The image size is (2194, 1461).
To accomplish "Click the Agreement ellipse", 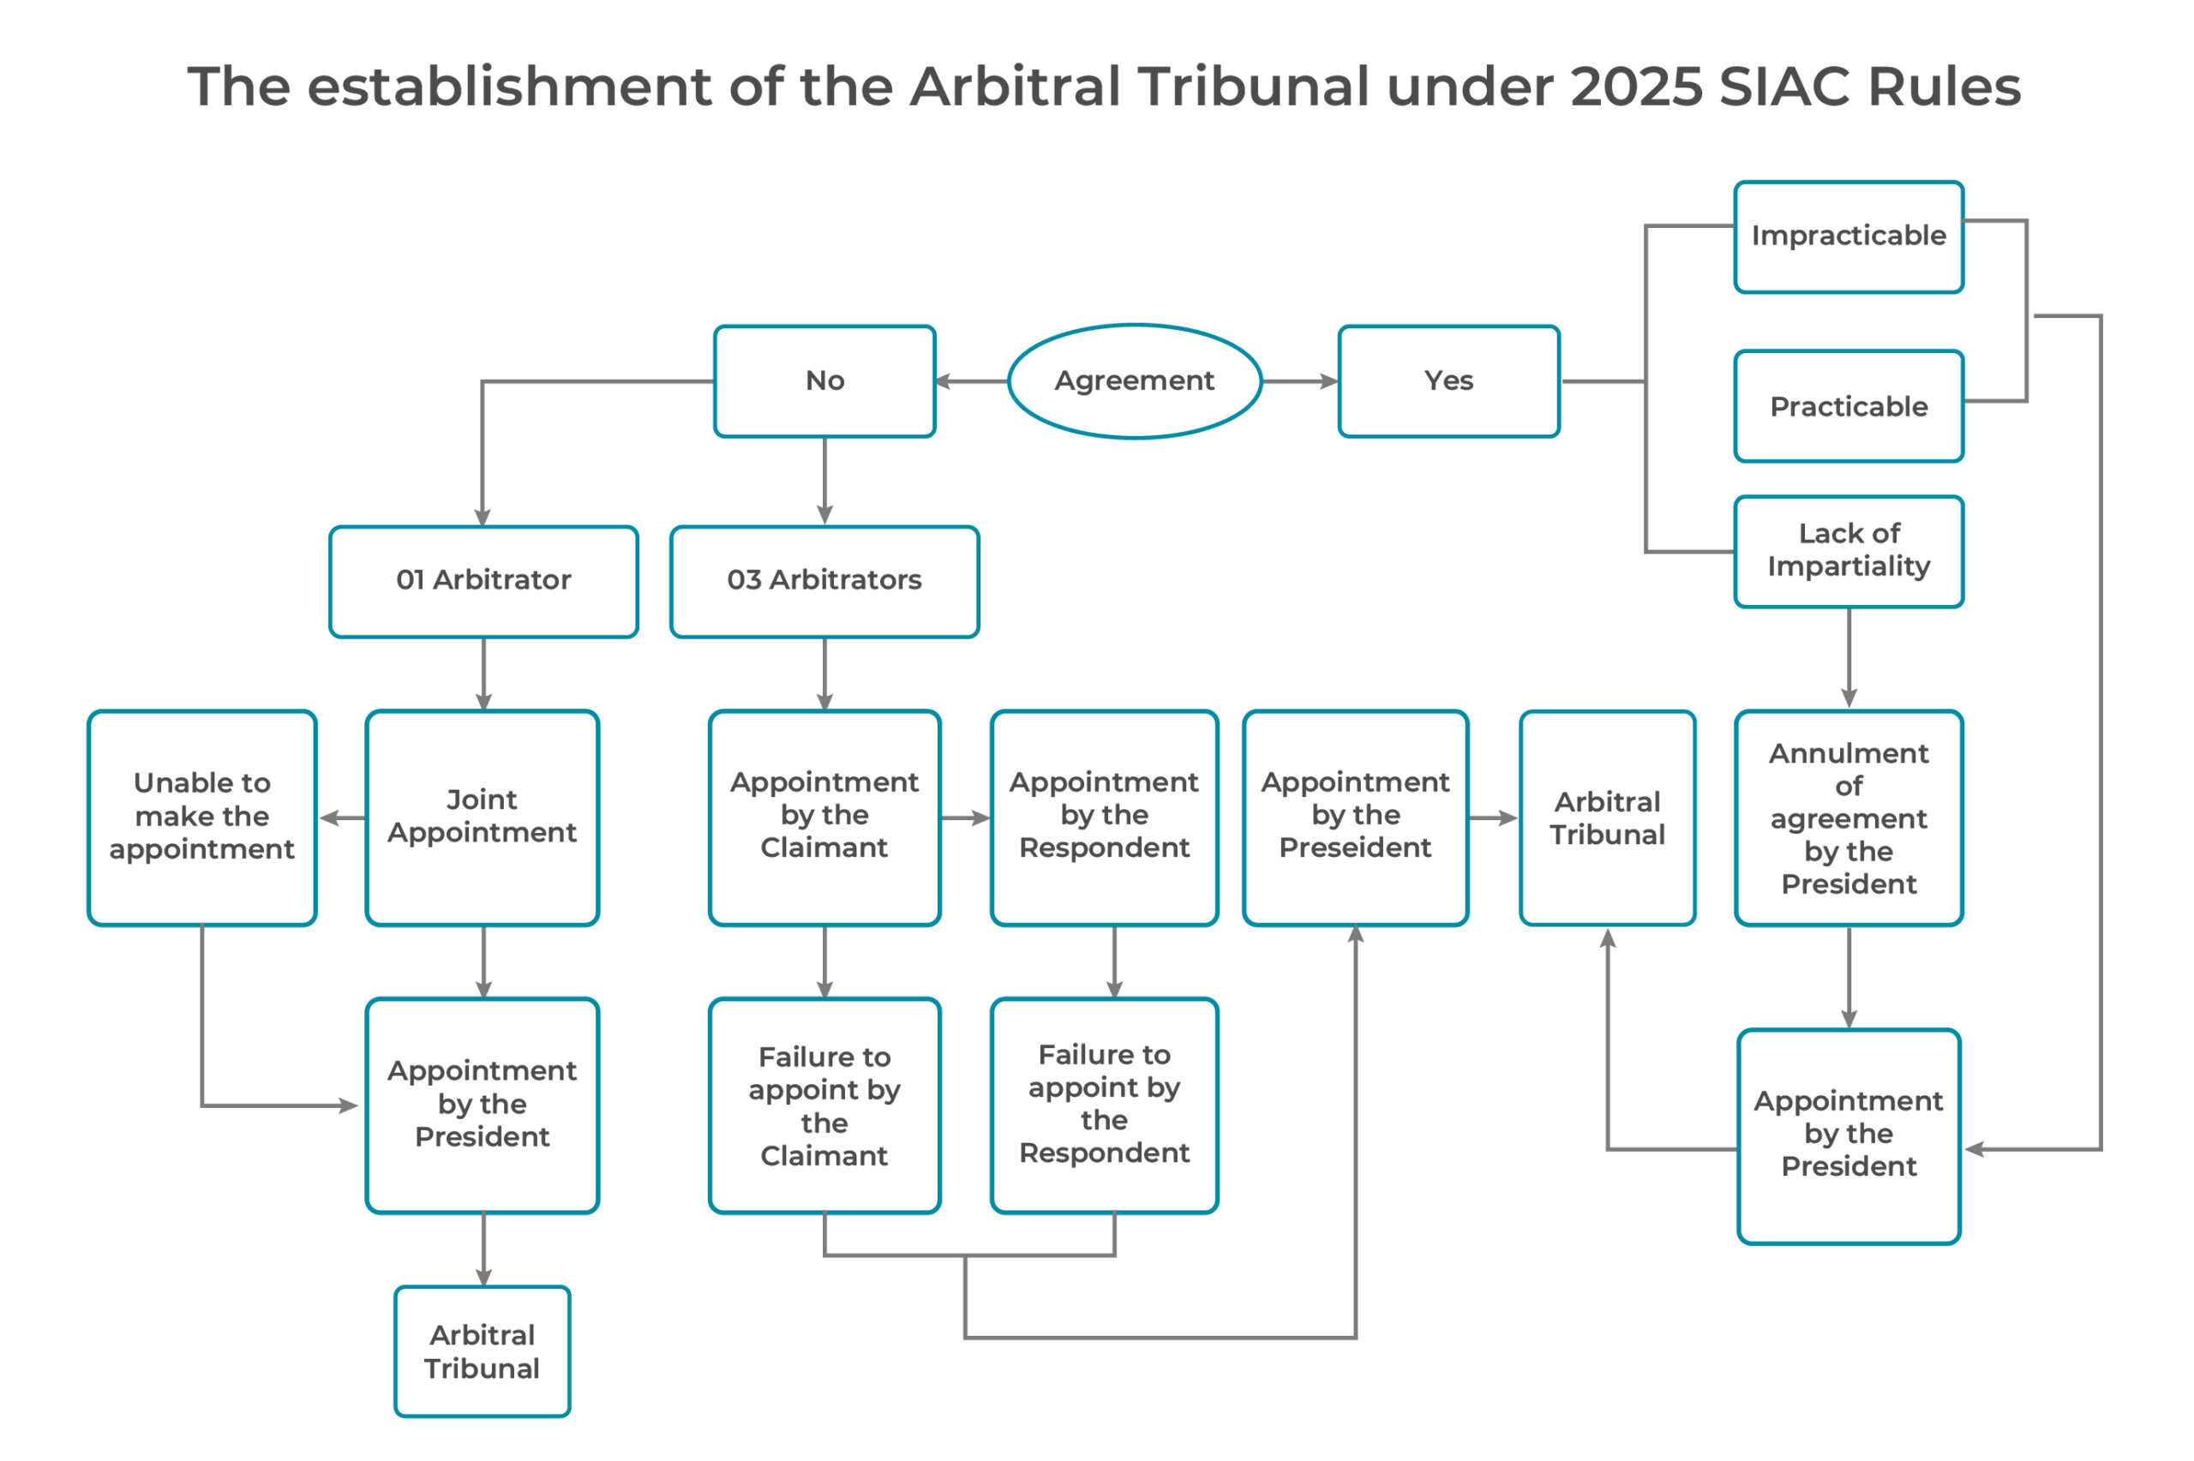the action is click(x=1134, y=381).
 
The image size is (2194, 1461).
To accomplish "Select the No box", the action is click(x=824, y=381).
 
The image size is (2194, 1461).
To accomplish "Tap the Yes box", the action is click(x=1448, y=381).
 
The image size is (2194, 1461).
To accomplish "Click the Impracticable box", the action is click(x=1849, y=237).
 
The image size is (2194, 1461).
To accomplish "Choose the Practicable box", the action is click(x=1849, y=406).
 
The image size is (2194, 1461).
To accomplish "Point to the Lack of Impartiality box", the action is click(x=1849, y=552).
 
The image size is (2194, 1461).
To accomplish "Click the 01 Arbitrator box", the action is click(x=483, y=582).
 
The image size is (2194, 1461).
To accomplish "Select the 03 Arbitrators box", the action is click(x=824, y=582).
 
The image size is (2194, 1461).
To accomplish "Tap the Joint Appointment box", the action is click(x=483, y=818).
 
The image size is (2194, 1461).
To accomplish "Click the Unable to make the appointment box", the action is click(x=202, y=818).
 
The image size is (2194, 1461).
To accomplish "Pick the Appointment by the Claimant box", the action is click(x=824, y=818).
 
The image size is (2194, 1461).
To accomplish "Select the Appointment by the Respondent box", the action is click(x=1104, y=818).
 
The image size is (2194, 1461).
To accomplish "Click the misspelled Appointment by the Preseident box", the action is click(x=1356, y=818).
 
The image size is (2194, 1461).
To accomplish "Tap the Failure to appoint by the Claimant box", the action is click(x=824, y=1106).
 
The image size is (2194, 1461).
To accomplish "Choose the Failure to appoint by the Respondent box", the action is click(x=1104, y=1106).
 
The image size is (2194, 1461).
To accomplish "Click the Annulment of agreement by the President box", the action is click(x=1849, y=818).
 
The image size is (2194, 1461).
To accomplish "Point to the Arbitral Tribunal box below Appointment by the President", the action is click(x=483, y=1352).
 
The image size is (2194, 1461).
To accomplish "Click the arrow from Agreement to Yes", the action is click(x=1299, y=381).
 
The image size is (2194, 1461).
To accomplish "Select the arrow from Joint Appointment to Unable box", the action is click(x=343, y=818).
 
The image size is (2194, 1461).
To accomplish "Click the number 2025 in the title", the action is click(x=1636, y=87).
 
